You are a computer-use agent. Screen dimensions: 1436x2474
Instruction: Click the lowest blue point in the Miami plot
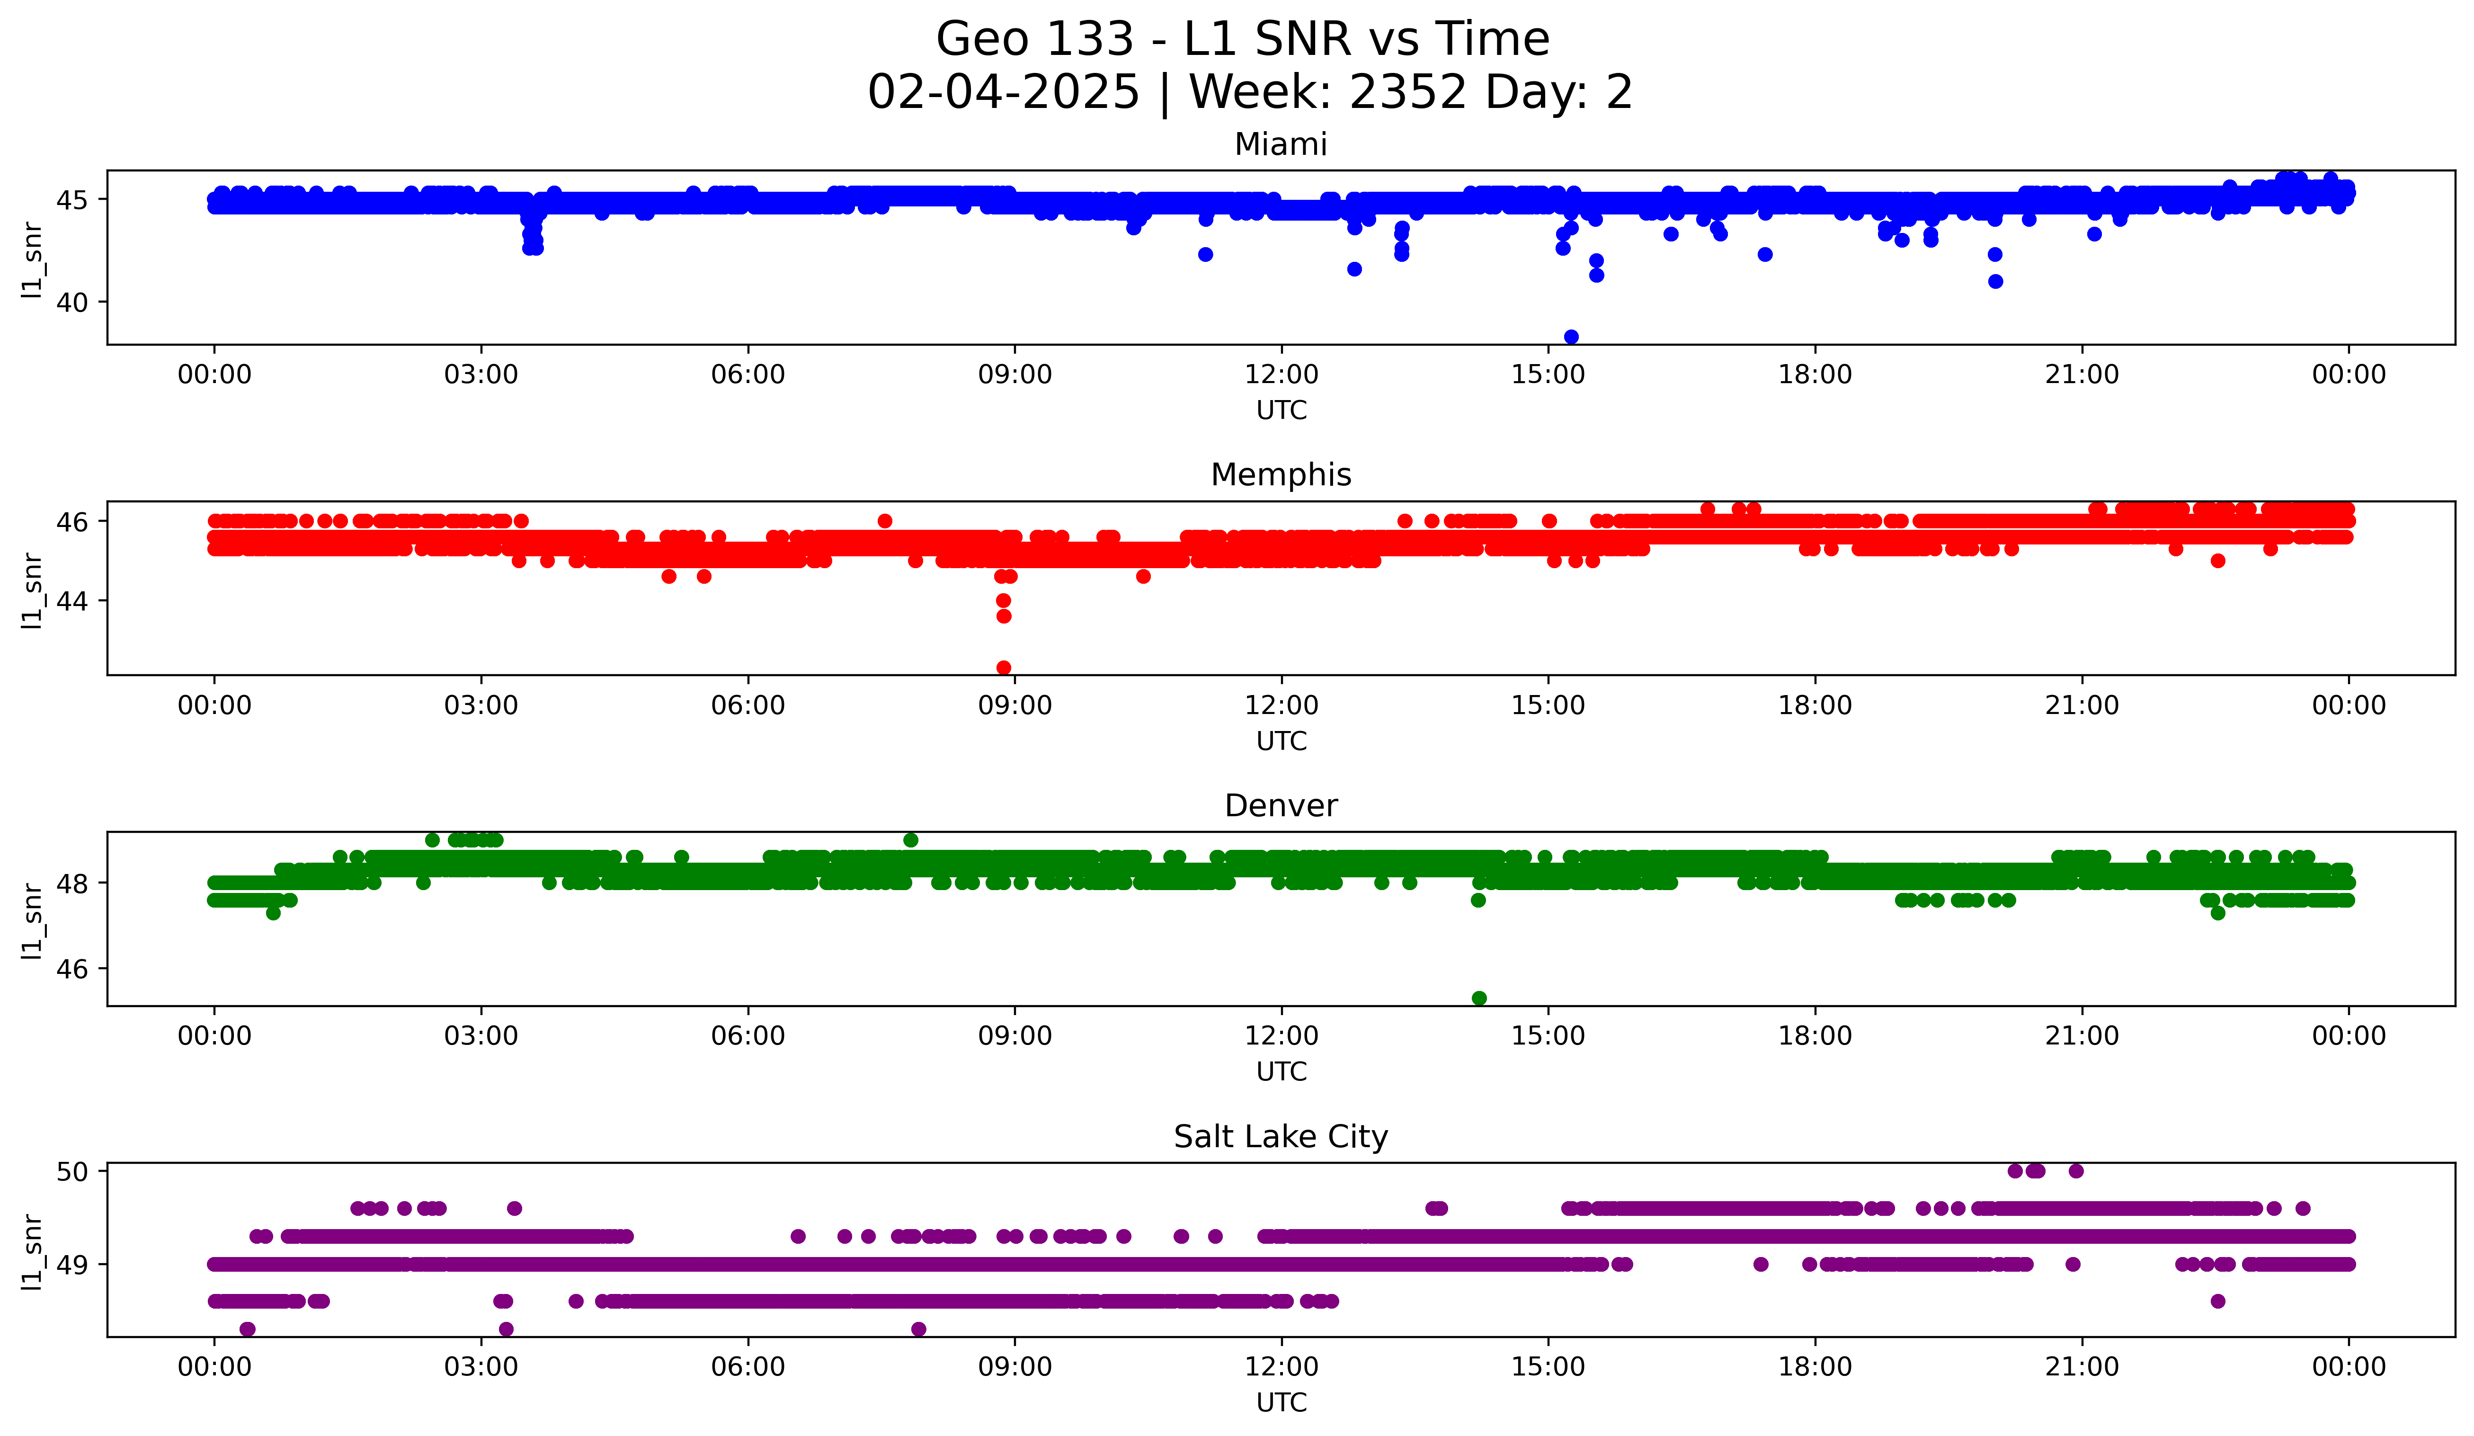[x=1571, y=337]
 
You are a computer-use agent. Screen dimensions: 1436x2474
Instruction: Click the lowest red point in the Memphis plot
[x=1003, y=668]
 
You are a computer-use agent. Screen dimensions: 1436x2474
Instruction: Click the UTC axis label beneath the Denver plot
[x=1281, y=1072]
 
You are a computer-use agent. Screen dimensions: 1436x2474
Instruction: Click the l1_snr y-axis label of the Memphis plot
[x=32, y=589]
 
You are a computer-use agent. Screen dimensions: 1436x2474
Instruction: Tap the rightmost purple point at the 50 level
[x=2075, y=1171]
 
